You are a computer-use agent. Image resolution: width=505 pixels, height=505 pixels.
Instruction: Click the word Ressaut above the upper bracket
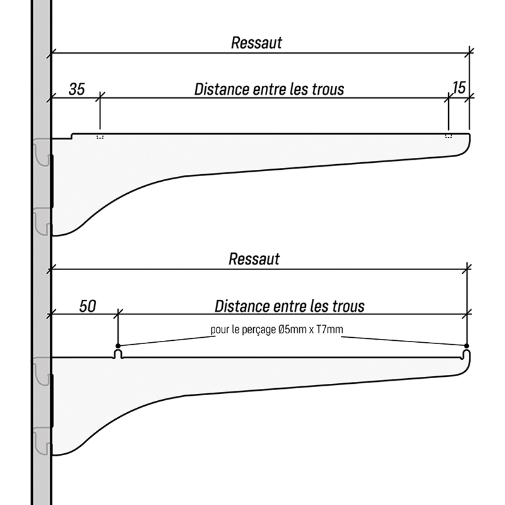[x=256, y=44]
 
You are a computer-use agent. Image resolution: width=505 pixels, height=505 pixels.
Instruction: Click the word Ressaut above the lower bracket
[x=254, y=259]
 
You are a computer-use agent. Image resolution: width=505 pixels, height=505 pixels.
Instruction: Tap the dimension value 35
[x=76, y=89]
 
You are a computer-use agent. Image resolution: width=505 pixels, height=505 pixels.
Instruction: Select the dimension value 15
[x=459, y=88]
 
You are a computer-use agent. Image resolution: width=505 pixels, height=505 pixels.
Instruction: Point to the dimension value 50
[x=88, y=307]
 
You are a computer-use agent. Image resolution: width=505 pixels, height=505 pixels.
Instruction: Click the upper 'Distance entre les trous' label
[x=269, y=89]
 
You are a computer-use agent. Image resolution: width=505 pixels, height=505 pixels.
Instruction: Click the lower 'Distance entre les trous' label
[x=290, y=307]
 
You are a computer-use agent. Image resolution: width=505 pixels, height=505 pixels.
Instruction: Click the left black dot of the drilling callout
[x=118, y=345]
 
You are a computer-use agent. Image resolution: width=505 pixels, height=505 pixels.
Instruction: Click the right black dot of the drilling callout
[x=466, y=345]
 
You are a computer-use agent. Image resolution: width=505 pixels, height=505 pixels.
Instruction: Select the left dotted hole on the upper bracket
[x=100, y=136]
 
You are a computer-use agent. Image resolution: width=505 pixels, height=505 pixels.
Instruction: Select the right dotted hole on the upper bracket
[x=448, y=136]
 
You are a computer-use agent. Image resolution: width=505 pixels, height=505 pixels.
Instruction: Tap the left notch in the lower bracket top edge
[x=118, y=354]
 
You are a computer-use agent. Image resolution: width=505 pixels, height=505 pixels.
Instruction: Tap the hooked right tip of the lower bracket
[x=467, y=360]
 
